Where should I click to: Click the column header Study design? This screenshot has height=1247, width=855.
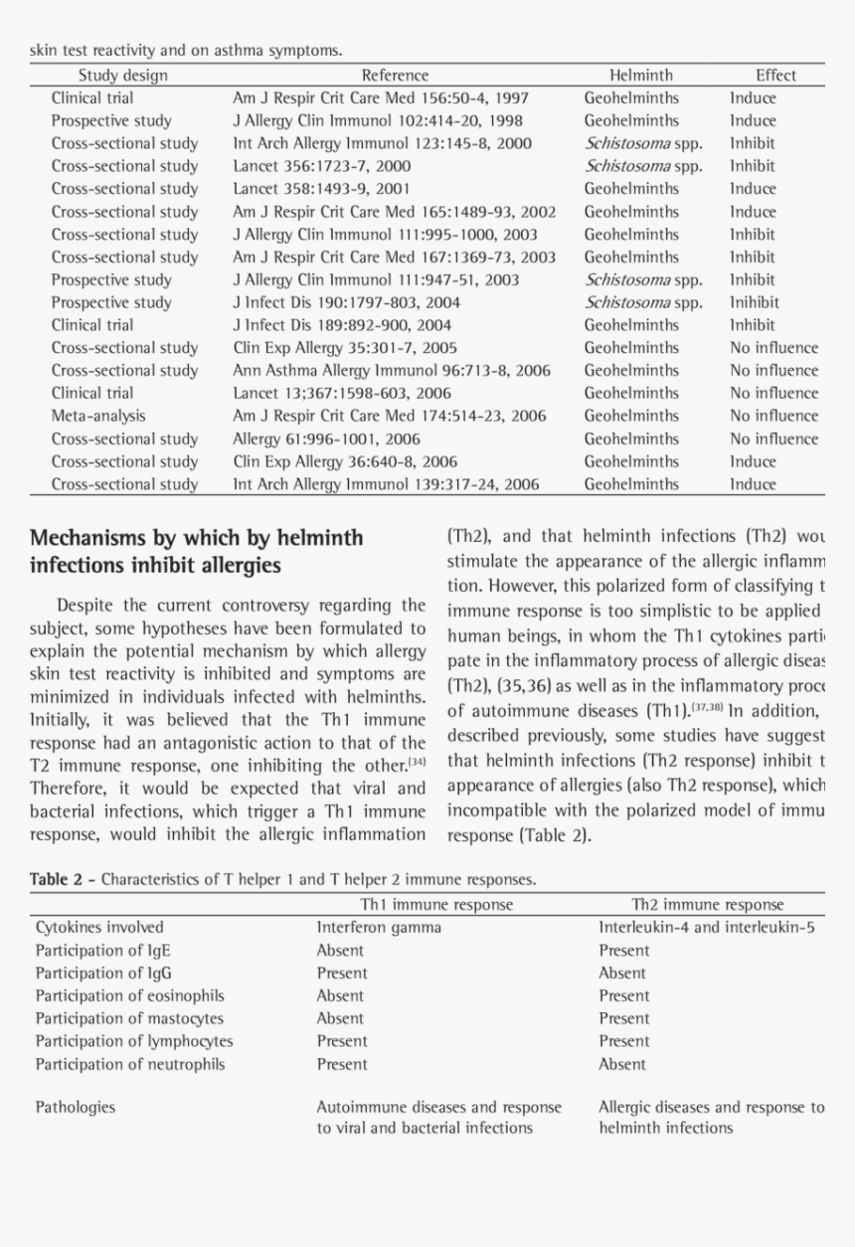[123, 76]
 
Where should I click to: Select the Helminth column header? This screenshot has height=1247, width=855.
[640, 76]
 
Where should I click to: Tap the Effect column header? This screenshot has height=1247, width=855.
[775, 76]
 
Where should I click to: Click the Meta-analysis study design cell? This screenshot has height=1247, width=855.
[97, 416]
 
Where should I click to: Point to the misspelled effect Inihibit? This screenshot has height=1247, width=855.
[754, 302]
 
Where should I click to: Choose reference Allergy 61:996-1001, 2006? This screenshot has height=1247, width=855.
[326, 439]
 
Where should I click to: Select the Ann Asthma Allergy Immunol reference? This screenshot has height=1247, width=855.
[392, 371]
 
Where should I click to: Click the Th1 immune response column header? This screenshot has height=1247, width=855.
[436, 905]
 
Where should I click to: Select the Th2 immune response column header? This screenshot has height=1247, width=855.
[707, 905]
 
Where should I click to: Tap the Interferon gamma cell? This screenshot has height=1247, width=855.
[379, 928]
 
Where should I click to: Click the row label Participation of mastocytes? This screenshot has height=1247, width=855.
[129, 1018]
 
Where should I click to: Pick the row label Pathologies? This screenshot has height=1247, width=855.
[75, 1107]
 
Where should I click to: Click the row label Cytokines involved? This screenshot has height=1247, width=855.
[99, 928]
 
